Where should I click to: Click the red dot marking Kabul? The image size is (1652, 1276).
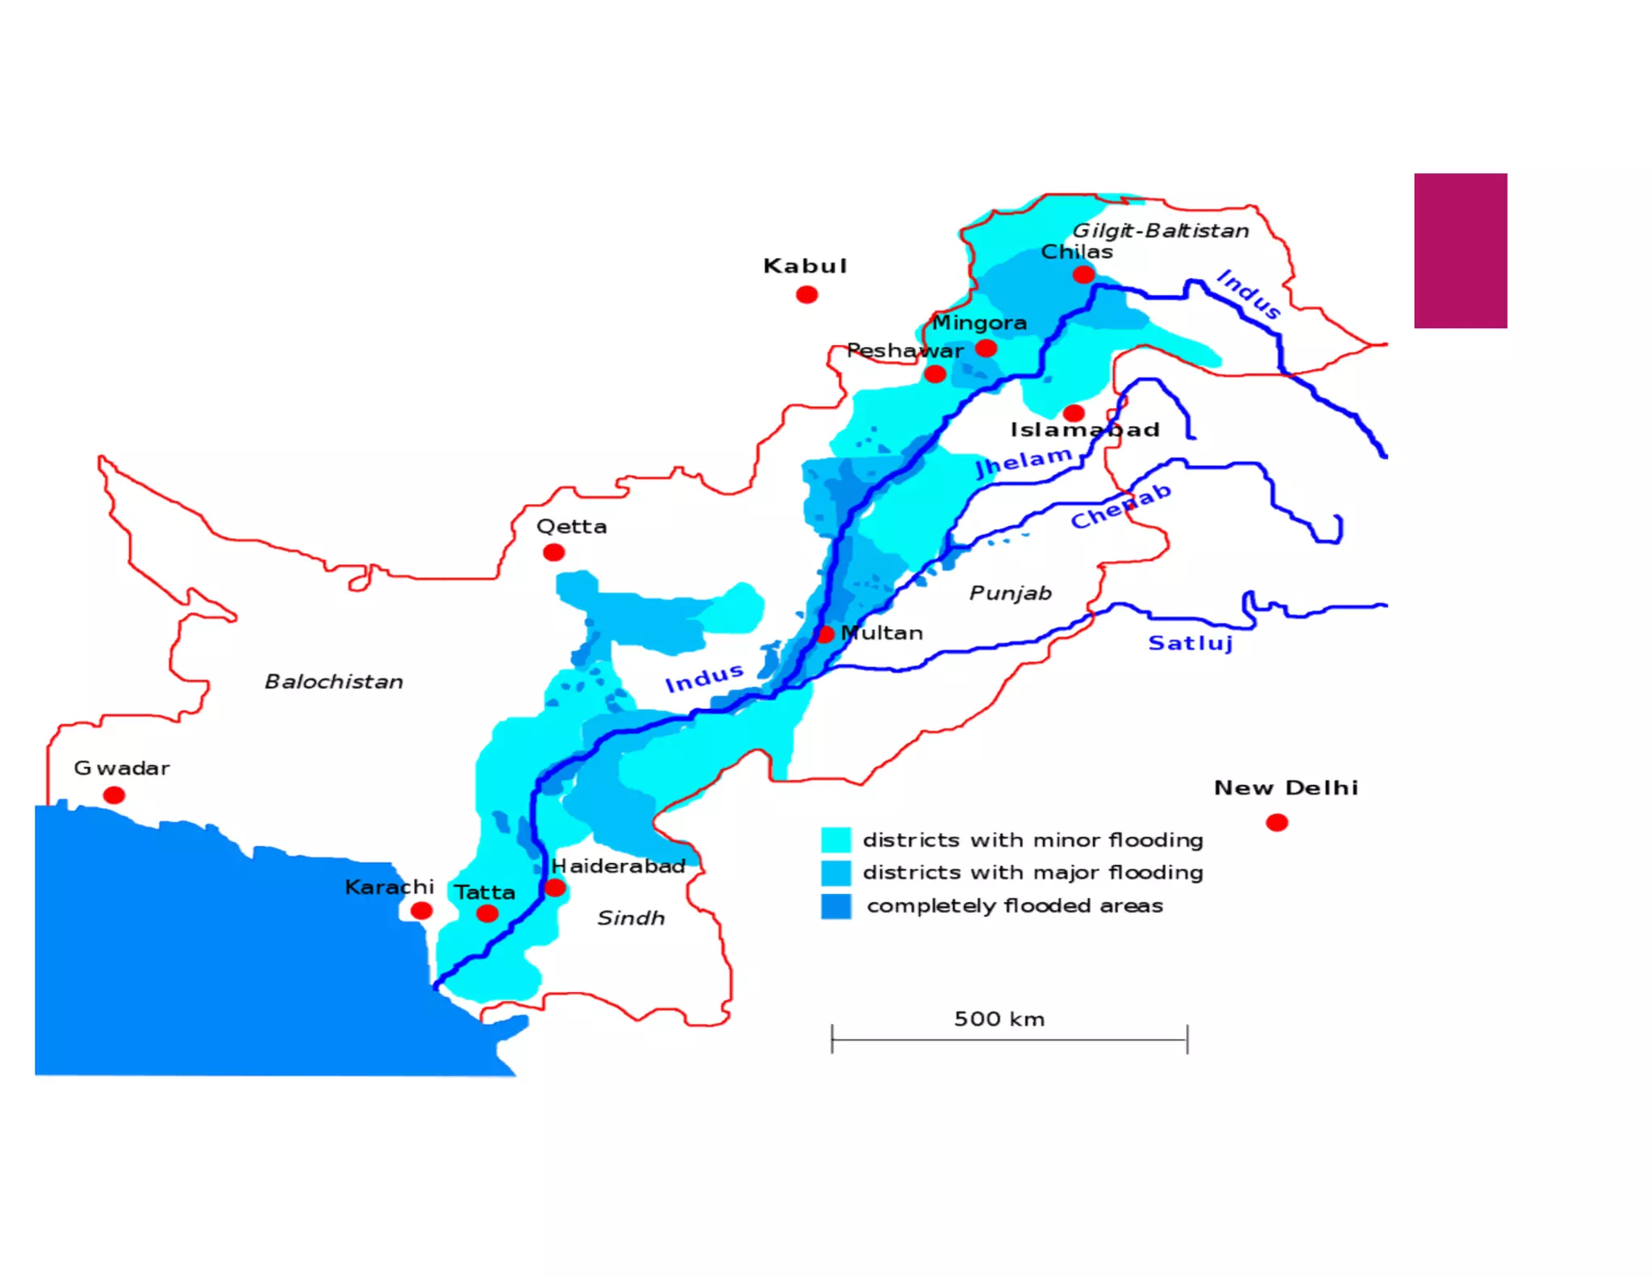[x=807, y=294]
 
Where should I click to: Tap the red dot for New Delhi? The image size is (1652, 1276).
[x=1276, y=822]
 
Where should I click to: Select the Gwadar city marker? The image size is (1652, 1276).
[x=115, y=795]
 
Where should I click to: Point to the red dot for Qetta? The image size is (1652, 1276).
[x=553, y=553]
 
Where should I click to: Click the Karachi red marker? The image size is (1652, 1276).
[x=421, y=911]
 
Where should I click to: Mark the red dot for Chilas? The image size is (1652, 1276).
[x=1083, y=275]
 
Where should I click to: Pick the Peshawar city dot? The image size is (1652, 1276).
[x=935, y=373]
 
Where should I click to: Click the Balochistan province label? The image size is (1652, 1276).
[x=334, y=682]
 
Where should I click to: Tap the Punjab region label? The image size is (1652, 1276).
[x=1010, y=593]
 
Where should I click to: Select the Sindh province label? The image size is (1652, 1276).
[x=631, y=918]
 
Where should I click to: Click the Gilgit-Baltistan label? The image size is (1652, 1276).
[x=1160, y=231]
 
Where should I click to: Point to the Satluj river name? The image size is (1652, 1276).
[x=1191, y=643]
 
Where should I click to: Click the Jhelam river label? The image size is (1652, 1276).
[x=1024, y=461]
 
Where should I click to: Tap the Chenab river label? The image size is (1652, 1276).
[x=1120, y=506]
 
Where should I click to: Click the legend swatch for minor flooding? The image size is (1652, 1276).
[x=836, y=840]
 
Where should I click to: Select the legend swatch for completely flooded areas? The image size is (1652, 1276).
[x=836, y=906]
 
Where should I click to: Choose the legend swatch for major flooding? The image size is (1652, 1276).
[x=836, y=873]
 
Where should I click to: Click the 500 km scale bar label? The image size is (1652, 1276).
[x=999, y=1019]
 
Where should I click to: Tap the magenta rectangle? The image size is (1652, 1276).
[x=1460, y=251]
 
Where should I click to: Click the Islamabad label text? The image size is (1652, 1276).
[x=1085, y=430]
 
